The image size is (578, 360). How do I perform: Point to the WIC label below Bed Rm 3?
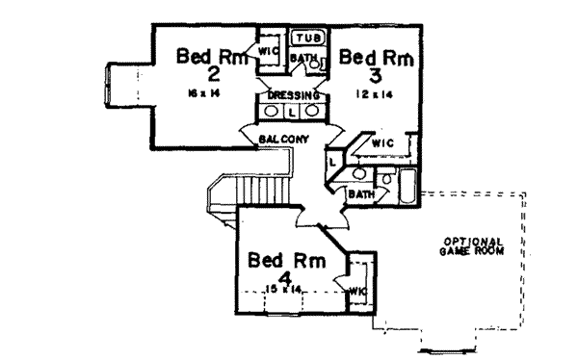coord(383,141)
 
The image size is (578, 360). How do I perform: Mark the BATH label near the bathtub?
coord(361,193)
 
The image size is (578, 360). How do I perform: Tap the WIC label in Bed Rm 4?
coord(357,289)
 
